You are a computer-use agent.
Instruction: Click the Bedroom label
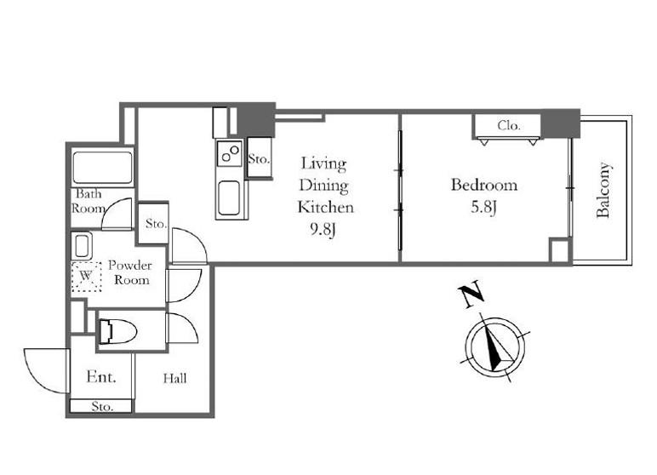tap(484, 185)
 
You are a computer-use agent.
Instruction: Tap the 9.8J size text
tap(323, 229)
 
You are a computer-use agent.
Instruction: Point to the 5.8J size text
tap(483, 207)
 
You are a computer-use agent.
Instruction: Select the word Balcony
tap(603, 190)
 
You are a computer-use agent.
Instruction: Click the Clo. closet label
tap(509, 125)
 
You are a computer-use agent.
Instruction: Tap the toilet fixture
tap(117, 332)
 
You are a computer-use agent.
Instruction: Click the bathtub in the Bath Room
tap(103, 168)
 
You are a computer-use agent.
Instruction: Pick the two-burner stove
tap(230, 152)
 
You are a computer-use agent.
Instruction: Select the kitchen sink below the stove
tap(229, 197)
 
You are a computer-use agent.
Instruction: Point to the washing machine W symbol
tap(86, 277)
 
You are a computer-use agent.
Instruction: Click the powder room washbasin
tap(83, 246)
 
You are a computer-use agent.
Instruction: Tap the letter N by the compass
tap(471, 296)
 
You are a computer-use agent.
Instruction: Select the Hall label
tap(174, 379)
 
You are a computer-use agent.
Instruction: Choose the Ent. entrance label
tap(101, 376)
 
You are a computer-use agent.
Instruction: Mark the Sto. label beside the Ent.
tap(102, 406)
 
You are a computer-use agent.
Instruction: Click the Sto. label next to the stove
tap(259, 159)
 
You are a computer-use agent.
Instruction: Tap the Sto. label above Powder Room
tap(156, 224)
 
